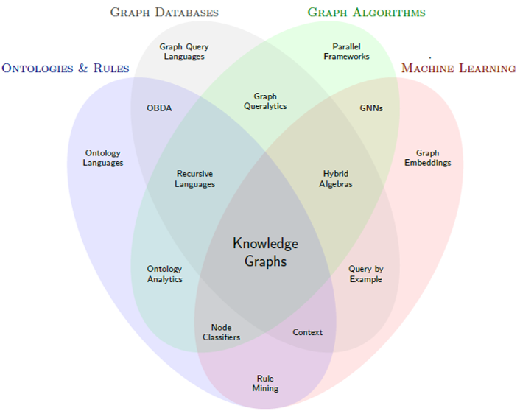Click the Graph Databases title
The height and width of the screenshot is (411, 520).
(x=164, y=13)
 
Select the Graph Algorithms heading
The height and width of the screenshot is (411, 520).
(x=366, y=13)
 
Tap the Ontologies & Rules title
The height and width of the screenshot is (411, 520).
(x=66, y=68)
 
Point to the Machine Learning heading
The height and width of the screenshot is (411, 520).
(x=458, y=68)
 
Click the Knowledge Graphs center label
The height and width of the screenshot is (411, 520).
(x=265, y=252)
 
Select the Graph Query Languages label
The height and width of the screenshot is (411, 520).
(x=184, y=52)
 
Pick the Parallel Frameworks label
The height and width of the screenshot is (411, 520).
(x=346, y=52)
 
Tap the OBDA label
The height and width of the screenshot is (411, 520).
(x=159, y=108)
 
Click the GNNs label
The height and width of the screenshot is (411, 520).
(x=371, y=108)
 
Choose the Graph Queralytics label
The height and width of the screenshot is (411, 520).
(x=265, y=102)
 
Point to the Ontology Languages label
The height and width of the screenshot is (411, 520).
(x=103, y=158)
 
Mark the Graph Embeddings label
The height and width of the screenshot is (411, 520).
(x=427, y=158)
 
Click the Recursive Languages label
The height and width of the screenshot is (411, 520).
(x=194, y=179)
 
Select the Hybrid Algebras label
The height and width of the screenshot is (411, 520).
(x=336, y=179)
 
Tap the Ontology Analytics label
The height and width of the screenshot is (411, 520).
(x=164, y=274)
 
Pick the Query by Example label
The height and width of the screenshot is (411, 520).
(x=365, y=274)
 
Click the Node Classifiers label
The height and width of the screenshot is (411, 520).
(x=221, y=332)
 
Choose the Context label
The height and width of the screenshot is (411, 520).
(x=307, y=332)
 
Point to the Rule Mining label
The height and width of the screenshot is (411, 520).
(x=265, y=383)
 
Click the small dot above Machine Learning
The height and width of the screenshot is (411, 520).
(x=429, y=57)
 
